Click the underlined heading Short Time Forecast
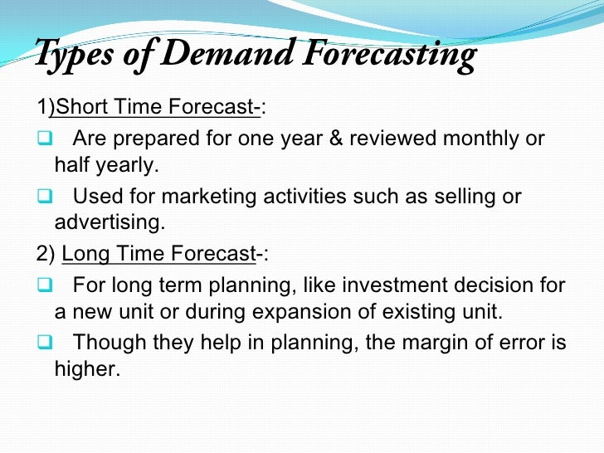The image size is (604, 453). pyautogui.click(x=158, y=108)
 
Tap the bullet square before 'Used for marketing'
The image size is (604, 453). pyautogui.click(x=45, y=197)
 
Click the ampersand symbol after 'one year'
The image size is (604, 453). pyautogui.click(x=336, y=138)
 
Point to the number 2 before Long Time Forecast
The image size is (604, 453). pyautogui.click(x=41, y=255)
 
